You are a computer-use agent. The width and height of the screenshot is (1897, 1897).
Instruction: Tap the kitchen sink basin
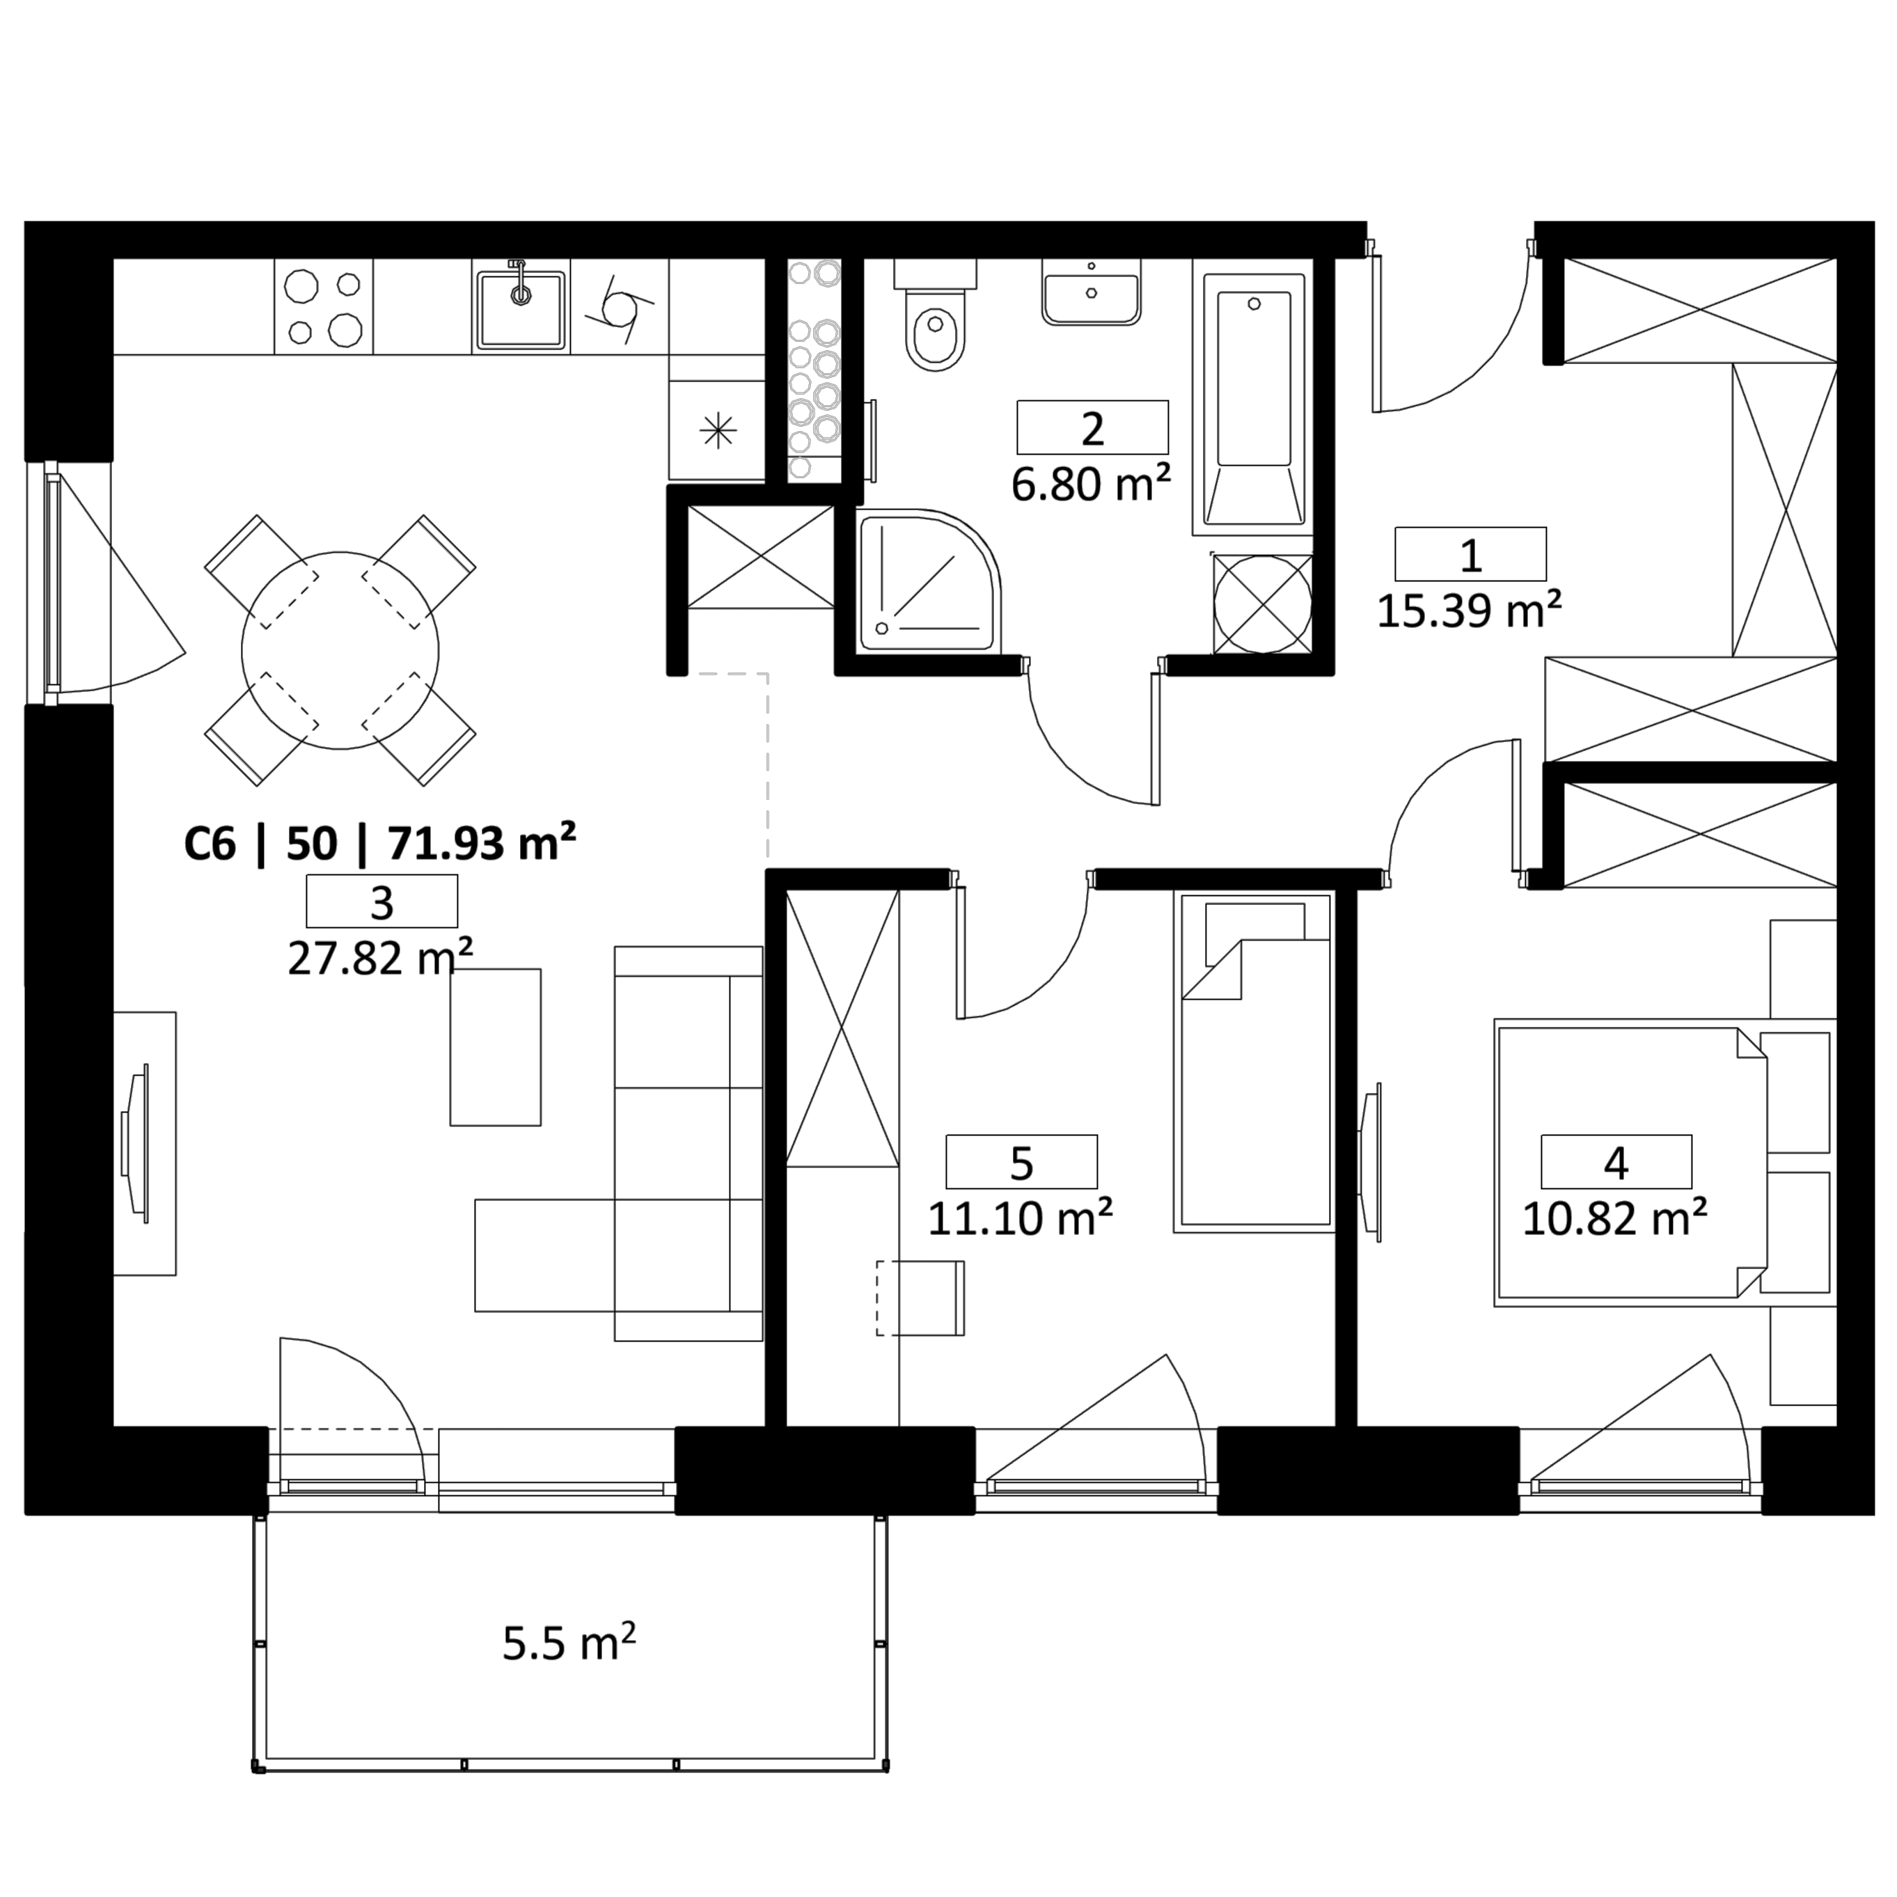(x=521, y=308)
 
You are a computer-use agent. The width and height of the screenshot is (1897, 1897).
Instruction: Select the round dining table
(x=340, y=650)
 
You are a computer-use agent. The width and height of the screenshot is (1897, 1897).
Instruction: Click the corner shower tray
(x=929, y=581)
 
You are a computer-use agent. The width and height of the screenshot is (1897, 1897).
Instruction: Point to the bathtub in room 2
(x=1253, y=397)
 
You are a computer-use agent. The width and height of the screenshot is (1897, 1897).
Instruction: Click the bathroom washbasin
(x=1091, y=292)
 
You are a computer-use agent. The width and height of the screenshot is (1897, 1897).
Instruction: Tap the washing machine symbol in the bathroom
(x=1263, y=604)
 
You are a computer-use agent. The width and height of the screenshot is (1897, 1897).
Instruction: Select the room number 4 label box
(x=1616, y=1162)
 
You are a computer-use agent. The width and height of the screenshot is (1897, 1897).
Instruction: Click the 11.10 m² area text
(x=1020, y=1218)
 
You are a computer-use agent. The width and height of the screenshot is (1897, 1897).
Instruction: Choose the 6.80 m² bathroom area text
(x=1091, y=484)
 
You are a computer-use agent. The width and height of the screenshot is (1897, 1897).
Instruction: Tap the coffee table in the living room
(x=495, y=1047)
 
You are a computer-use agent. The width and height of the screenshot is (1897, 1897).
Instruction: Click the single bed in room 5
(x=1253, y=1062)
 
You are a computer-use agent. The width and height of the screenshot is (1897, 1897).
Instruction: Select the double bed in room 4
(x=1664, y=1163)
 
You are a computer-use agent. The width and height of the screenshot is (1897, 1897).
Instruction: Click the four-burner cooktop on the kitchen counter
(x=323, y=306)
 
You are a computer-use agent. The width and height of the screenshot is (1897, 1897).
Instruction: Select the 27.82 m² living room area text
(x=381, y=957)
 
